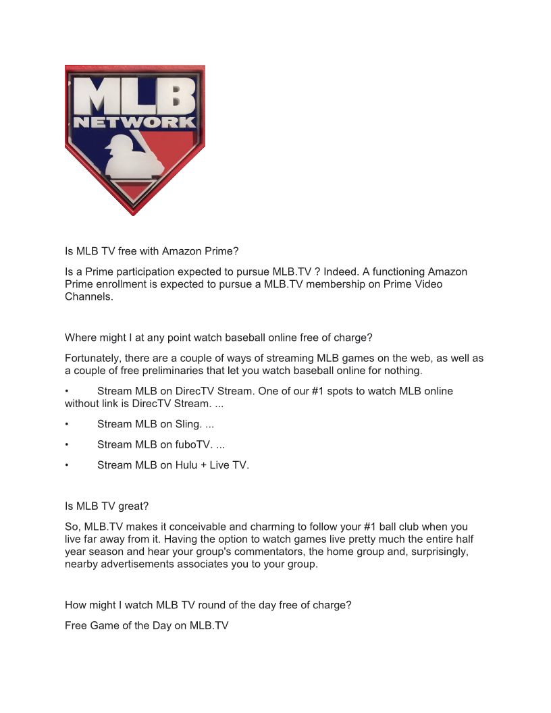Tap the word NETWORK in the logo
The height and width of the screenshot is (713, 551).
point(135,123)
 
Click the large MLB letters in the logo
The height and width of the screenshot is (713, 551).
point(135,95)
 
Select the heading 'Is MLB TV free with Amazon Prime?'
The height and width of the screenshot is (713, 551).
point(152,251)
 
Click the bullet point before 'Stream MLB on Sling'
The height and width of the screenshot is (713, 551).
point(67,425)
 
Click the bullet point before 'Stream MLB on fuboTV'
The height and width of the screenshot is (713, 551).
point(67,445)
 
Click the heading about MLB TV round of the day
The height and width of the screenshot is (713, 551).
point(208,605)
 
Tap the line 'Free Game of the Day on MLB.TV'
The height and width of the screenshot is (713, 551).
point(147,625)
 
